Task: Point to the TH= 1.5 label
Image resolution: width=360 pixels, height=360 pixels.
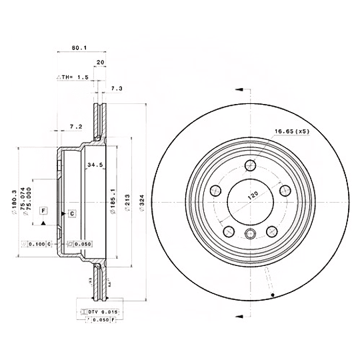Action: click(74, 77)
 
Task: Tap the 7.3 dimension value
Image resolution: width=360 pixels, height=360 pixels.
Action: click(117, 88)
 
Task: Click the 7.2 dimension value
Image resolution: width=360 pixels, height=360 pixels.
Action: click(75, 126)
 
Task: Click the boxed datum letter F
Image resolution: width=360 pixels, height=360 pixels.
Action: click(43, 211)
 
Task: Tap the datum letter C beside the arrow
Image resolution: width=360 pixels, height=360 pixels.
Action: click(71, 213)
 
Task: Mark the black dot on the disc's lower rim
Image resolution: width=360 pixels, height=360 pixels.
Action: click(273, 295)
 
